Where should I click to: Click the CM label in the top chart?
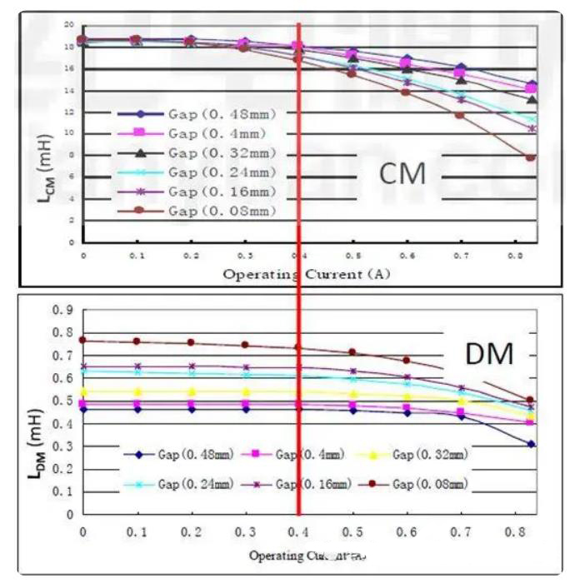coord(402,173)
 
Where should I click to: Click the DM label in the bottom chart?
coord(489,355)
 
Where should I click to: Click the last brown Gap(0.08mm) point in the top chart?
coord(530,157)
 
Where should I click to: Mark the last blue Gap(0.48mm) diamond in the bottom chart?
coord(531,444)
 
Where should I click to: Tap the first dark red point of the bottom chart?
coord(82,340)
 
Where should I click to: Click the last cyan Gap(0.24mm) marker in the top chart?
coord(532,119)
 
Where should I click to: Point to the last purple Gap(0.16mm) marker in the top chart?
coord(532,129)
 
